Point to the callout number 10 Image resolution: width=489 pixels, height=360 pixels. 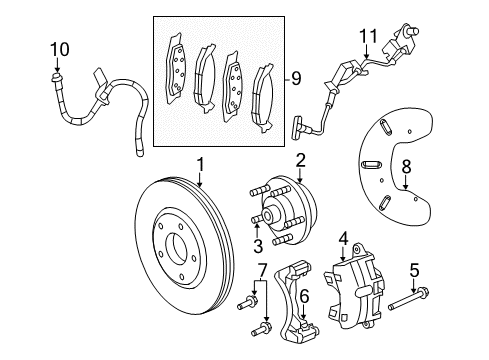60,48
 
